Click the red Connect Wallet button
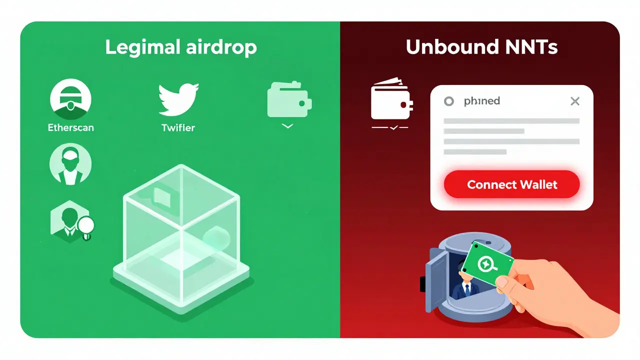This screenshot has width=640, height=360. pyautogui.click(x=511, y=185)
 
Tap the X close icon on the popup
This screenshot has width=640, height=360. pyautogui.click(x=575, y=101)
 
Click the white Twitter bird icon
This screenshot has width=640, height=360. pyautogui.click(x=178, y=99)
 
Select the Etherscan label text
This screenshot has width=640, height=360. pyautogui.click(x=70, y=127)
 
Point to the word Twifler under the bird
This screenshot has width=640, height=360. pyautogui.click(x=178, y=127)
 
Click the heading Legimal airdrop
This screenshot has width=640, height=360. pyautogui.click(x=180, y=47)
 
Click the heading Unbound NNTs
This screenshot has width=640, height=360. pyautogui.click(x=481, y=47)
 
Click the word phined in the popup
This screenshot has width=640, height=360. pyautogui.click(x=481, y=101)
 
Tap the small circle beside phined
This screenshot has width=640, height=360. pyautogui.click(x=449, y=101)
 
